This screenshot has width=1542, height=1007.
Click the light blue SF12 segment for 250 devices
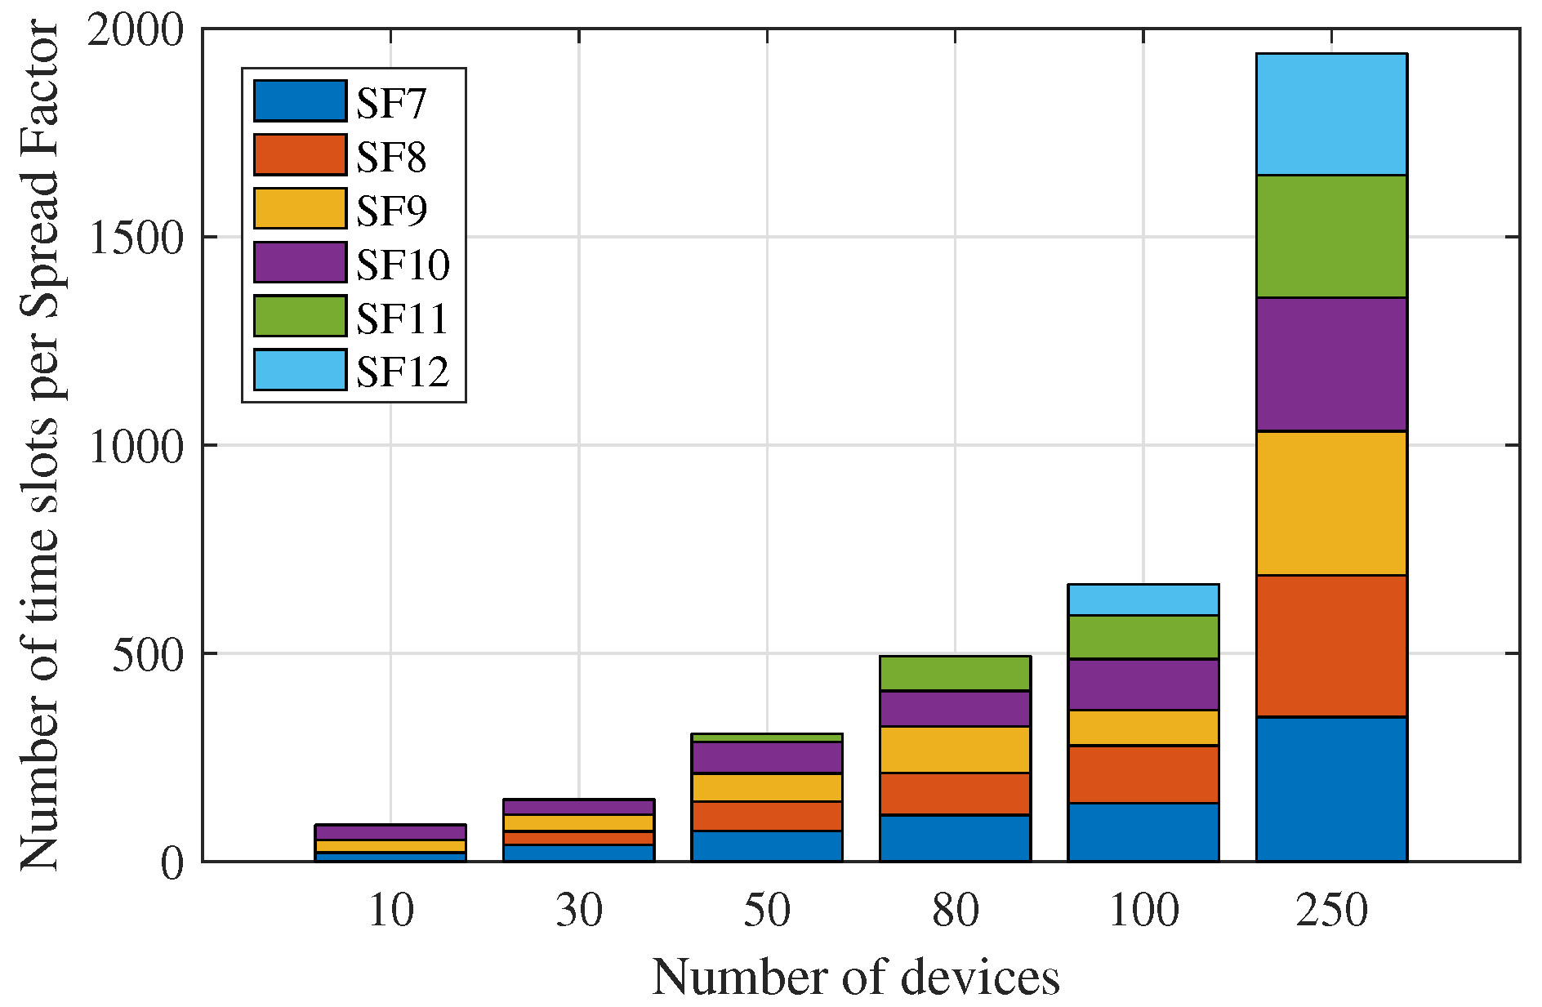(1331, 114)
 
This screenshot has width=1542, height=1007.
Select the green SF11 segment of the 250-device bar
(1331, 236)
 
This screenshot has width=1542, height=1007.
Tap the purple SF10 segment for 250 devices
(1331, 364)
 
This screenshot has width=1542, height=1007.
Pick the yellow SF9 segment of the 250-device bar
(1331, 503)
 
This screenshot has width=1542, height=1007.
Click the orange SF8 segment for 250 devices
(1331, 646)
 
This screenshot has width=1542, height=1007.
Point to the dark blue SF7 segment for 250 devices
(1331, 788)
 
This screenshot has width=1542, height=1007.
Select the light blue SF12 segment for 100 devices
(1143, 599)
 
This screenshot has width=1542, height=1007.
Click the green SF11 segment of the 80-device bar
(955, 673)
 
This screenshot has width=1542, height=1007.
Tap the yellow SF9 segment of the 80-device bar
(955, 749)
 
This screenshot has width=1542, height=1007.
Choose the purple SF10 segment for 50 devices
(766, 757)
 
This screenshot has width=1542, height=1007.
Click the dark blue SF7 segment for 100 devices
(1143, 831)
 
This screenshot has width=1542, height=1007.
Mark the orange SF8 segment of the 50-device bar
(766, 816)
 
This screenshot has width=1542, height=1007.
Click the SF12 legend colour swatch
(300, 370)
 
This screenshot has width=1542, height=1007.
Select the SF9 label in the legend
(391, 210)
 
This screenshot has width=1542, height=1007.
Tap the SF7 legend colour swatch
(300, 101)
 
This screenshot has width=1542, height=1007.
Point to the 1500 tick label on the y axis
(136, 238)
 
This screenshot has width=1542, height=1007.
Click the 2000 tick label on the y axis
(136, 30)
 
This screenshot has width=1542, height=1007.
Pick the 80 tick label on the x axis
(955, 910)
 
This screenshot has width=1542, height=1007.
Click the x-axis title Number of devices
(855, 977)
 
